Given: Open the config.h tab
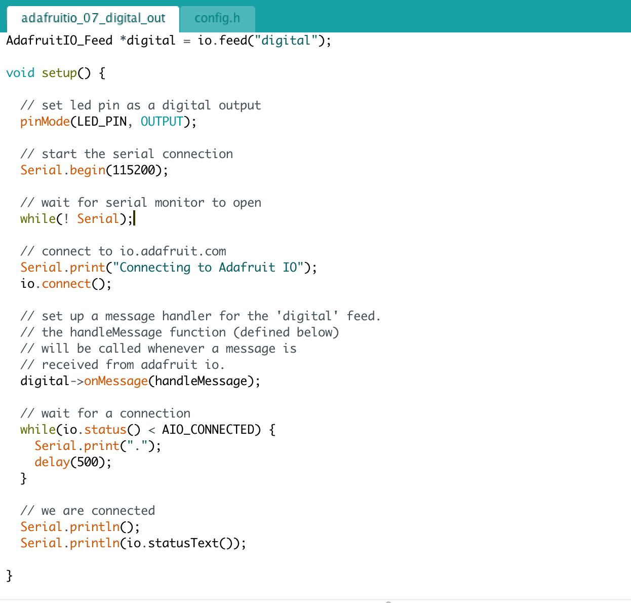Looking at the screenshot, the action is point(217,18).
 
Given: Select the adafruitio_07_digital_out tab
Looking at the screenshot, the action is point(93,18).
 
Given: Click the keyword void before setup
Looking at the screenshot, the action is point(20,73).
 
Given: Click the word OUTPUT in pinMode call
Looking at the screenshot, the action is point(162,122).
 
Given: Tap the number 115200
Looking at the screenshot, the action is point(134,170).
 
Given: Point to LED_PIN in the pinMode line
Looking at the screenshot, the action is point(102,122).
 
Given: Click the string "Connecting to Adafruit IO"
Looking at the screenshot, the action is point(208,268).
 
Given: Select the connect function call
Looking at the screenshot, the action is point(66,284).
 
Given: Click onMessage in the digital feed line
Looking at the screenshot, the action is point(116,381).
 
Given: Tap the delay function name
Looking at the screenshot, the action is point(52,462).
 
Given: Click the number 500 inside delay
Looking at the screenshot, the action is point(88,462).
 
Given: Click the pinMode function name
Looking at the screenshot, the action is point(45,122).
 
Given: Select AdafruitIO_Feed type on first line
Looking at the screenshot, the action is point(59,41).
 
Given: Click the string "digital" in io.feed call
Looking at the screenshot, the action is point(286,41).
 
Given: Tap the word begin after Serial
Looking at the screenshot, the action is point(88,170).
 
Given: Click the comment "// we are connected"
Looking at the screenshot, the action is point(88,511).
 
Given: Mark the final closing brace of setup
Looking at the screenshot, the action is point(9,576).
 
